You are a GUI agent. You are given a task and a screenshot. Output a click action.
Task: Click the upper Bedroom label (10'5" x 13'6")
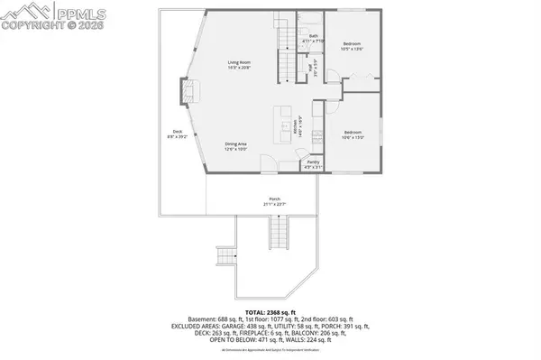pyautogui.click(x=352, y=46)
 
